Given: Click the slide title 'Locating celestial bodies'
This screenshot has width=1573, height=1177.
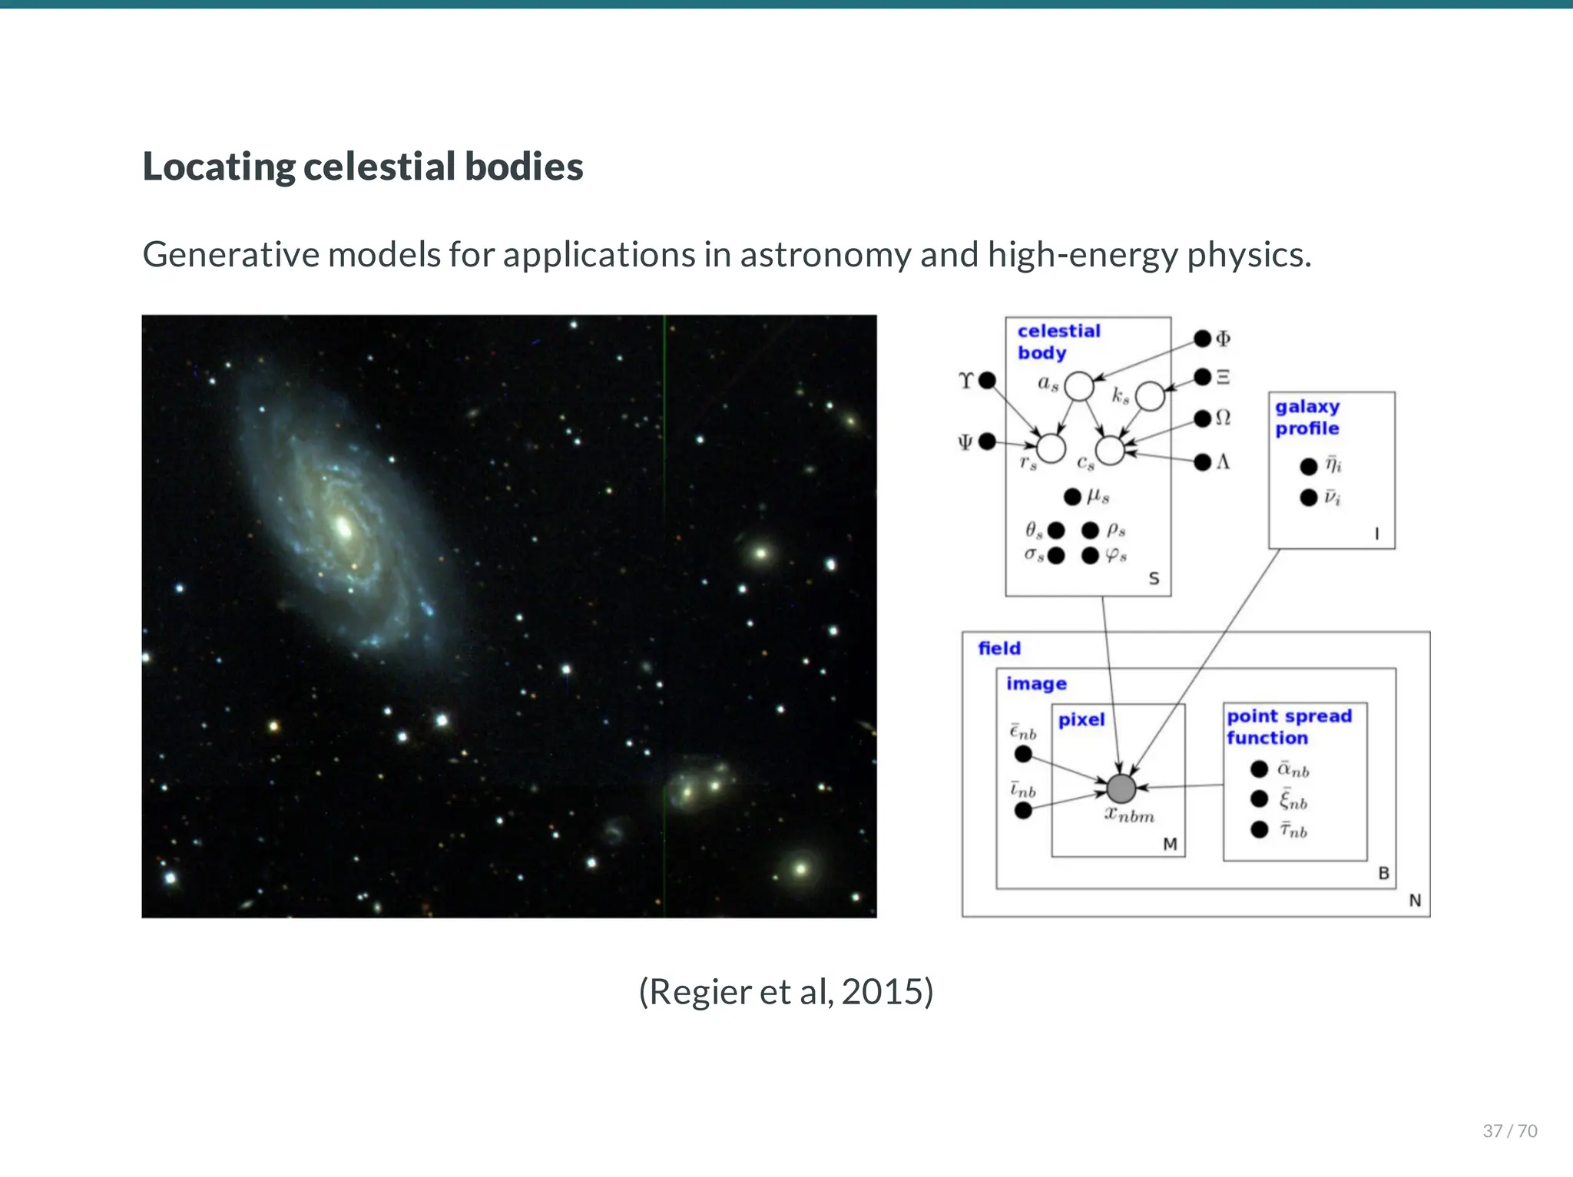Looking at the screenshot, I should coord(363,167).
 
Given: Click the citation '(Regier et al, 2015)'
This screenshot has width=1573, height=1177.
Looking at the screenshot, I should coord(786,991).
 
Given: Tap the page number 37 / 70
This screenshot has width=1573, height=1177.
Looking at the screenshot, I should coord(1509,1131).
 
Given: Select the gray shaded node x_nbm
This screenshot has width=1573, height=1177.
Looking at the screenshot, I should coord(1121,788).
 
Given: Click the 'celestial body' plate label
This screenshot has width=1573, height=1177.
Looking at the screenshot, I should coord(1058,342).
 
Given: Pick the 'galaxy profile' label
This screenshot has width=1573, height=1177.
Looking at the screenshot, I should coord(1306,417).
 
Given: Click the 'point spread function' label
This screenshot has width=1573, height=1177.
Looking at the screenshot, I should coord(1288,726).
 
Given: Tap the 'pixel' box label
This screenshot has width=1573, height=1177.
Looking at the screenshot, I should coord(1081,719).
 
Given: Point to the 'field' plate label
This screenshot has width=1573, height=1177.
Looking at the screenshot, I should coord(998,648).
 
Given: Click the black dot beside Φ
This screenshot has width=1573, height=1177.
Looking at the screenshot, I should coord(1202,339).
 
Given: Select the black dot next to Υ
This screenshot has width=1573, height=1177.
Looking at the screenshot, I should coord(987,380).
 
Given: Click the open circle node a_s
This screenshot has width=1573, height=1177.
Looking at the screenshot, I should coord(1078,386).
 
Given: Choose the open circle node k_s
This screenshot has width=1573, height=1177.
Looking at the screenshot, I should coord(1149,396).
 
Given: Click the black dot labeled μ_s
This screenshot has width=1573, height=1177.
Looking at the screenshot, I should coord(1072,497).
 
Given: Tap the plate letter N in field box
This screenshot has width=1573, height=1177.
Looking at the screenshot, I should coord(1414,901).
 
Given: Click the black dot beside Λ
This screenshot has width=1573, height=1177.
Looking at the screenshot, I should coord(1202,462).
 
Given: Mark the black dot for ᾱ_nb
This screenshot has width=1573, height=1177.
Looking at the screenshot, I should coord(1259,769).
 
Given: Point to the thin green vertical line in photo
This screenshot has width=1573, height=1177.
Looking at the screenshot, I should coord(664,614).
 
